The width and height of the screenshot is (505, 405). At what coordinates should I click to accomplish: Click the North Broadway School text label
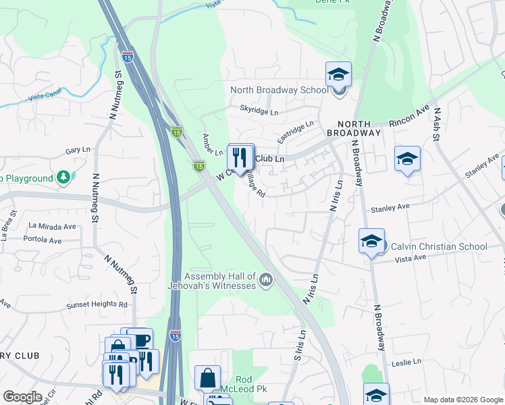[280, 90]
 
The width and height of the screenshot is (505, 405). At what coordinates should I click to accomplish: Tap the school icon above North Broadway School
[338, 74]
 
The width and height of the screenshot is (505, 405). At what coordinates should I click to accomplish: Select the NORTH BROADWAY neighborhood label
[354, 128]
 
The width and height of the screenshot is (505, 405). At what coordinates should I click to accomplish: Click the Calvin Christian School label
[439, 246]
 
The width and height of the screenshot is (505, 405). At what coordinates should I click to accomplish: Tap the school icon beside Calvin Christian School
[371, 241]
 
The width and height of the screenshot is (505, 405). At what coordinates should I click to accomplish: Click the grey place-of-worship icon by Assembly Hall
[266, 279]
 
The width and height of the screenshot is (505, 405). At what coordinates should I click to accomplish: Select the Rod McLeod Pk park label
[243, 385]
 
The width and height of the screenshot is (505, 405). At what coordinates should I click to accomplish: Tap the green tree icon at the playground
[63, 178]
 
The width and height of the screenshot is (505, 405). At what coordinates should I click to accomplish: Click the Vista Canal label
[45, 97]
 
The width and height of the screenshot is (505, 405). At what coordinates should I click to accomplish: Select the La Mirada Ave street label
[52, 225]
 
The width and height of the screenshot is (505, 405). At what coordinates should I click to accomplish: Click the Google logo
[22, 397]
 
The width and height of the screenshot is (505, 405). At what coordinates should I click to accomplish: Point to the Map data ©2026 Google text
[462, 400]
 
